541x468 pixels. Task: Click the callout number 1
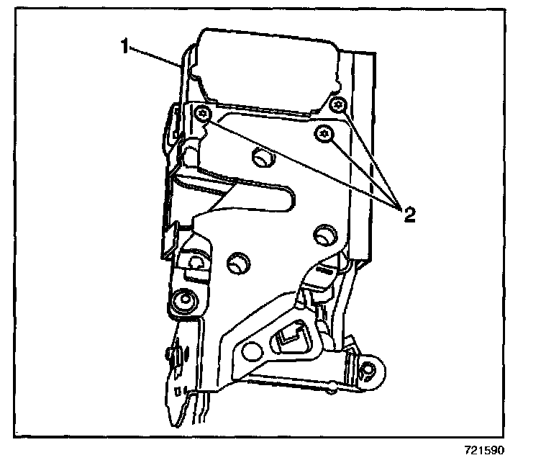(124, 48)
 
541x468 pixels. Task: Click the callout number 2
(409, 214)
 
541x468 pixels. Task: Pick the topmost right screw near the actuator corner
(338, 106)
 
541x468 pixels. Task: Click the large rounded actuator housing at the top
(266, 68)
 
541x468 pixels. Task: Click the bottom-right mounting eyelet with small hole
(368, 371)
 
